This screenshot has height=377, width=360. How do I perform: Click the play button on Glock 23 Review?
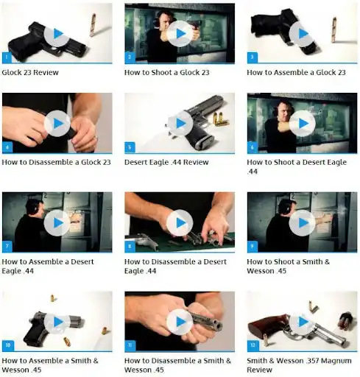tap(57, 34)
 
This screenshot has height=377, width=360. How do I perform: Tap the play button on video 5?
tap(180, 124)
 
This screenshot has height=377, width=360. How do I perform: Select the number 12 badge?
tap(253, 345)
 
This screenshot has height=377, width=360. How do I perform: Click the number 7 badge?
tap(7, 247)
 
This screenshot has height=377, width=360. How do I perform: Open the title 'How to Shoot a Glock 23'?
tap(167, 72)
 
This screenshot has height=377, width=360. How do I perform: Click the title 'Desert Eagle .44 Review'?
tap(166, 162)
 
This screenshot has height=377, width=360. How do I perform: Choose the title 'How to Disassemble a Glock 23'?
tap(56, 162)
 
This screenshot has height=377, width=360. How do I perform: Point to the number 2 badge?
tap(130, 57)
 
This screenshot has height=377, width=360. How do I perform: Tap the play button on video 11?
tap(180, 322)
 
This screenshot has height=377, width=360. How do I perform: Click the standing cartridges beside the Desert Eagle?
tap(220, 119)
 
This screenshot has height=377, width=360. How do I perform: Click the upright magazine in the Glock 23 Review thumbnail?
tap(93, 25)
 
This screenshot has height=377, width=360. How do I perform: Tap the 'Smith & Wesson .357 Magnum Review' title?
tap(299, 365)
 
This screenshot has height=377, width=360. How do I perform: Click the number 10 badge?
tap(8, 345)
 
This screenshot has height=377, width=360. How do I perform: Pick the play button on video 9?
tap(303, 223)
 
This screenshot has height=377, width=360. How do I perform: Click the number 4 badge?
tap(7, 147)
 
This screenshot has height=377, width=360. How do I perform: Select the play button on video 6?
tap(303, 124)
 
